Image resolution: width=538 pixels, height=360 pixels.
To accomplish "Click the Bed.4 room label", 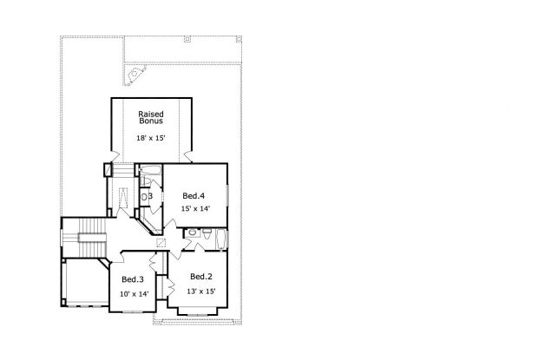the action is click(x=194, y=196).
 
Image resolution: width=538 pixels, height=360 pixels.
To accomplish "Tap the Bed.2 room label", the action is click(x=201, y=277).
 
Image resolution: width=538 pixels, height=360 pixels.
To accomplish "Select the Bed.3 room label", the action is click(x=133, y=279).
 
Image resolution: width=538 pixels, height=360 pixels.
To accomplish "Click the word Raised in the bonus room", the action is click(x=151, y=114).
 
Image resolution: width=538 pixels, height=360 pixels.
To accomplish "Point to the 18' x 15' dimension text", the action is click(x=151, y=138).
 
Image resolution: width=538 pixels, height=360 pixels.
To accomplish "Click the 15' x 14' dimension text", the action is click(x=195, y=208).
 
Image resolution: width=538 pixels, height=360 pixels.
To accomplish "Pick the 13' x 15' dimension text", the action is click(x=201, y=291).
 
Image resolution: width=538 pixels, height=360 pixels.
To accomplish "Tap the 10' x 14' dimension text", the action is click(x=134, y=294).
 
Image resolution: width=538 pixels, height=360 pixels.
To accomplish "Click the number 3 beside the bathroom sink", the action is click(x=150, y=196).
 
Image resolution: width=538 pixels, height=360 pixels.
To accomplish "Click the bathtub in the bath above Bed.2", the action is click(x=220, y=239).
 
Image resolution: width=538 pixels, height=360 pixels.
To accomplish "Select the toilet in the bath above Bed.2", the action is click(x=207, y=233).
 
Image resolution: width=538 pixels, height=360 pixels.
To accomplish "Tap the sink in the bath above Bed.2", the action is click(x=193, y=232).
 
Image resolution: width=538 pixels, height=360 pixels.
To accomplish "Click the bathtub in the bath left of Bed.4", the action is click(x=151, y=170).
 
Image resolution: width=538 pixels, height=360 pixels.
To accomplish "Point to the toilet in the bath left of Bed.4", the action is click(x=144, y=180).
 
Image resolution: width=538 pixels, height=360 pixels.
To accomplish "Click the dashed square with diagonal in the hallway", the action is click(x=161, y=243).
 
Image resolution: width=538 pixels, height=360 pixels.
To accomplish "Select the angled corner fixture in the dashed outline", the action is click(x=135, y=74).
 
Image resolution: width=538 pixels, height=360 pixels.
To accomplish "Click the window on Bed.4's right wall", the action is click(x=227, y=195).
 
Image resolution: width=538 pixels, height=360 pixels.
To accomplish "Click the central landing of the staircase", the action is click(x=93, y=238).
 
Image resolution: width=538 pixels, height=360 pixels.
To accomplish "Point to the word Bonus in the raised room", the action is click(x=151, y=121).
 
